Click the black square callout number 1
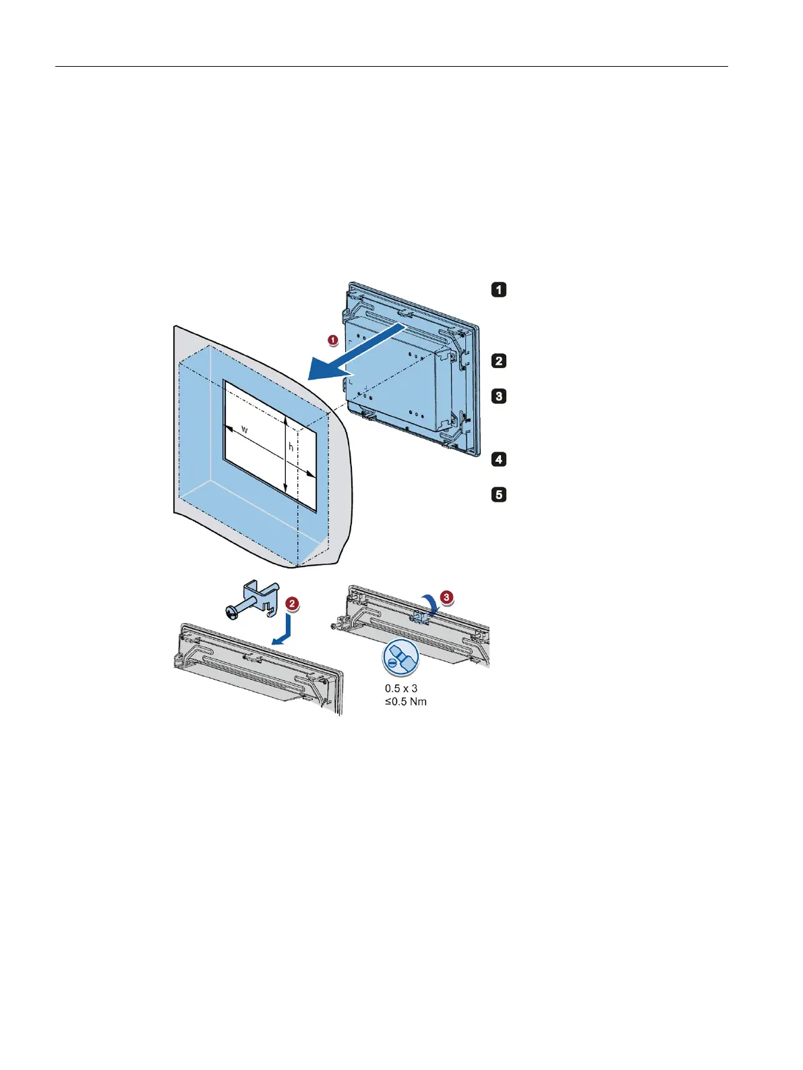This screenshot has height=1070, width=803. [x=498, y=290]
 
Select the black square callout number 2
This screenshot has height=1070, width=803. [x=498, y=361]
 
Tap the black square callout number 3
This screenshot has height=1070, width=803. [x=498, y=396]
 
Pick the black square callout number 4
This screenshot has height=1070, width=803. [x=498, y=460]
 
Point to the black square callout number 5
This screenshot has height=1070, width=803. [x=498, y=495]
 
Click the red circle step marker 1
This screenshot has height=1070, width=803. [x=333, y=340]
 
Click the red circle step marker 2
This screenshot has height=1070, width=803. [x=291, y=603]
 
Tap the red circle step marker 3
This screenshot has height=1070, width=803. [x=446, y=597]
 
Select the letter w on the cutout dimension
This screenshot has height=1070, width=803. [x=244, y=429]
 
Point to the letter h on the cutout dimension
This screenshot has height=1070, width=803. [x=291, y=446]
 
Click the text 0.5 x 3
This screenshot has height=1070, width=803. [x=401, y=688]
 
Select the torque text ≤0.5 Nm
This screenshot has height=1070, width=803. [x=405, y=701]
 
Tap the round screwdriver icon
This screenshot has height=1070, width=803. [x=400, y=659]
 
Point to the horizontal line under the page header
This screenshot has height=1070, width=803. [x=391, y=67]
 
